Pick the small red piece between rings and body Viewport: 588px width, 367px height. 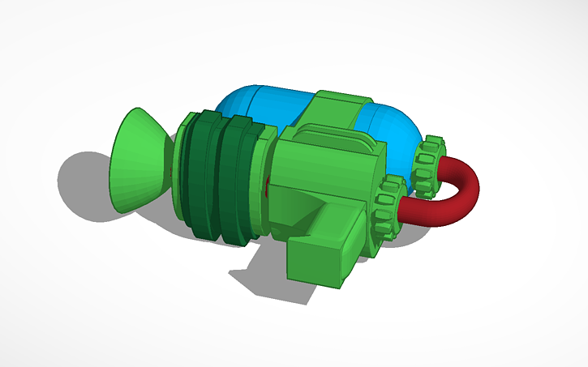point(268,187)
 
